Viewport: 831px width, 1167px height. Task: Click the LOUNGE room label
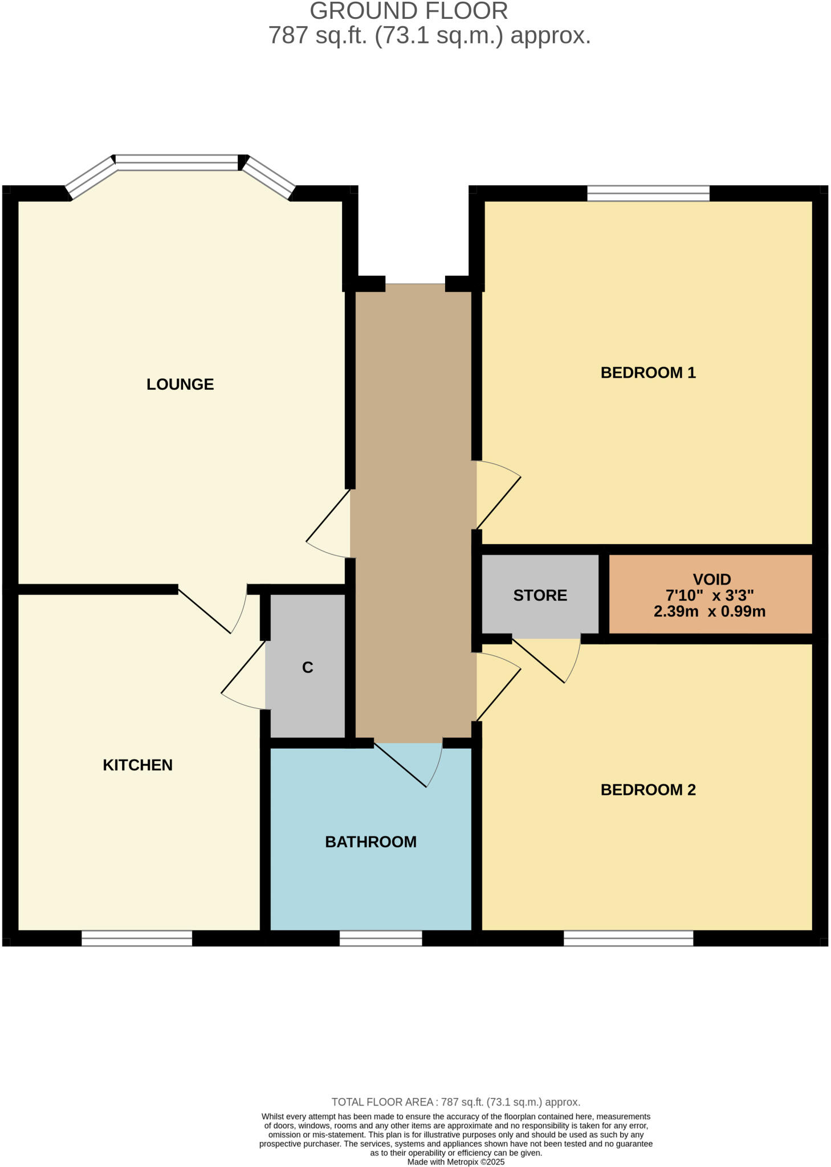pos(180,384)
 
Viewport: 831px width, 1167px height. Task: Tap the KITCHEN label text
pos(137,765)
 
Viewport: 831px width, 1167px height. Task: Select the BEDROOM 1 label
pos(648,373)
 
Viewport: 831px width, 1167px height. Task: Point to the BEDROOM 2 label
pos(648,790)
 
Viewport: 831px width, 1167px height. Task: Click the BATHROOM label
pos(370,842)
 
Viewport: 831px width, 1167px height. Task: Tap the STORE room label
pos(540,595)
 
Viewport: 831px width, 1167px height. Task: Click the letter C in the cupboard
pos(307,667)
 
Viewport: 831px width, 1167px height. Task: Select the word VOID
pos(712,580)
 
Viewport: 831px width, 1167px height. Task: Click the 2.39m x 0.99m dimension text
pos(710,612)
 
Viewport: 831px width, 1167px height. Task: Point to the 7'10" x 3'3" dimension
pos(710,595)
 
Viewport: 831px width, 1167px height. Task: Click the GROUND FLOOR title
pos(409,11)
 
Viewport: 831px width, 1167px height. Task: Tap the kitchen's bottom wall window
pos(137,939)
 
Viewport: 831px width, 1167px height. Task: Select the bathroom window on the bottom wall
pos(381,939)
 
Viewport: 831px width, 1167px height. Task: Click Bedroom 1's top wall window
pos(648,193)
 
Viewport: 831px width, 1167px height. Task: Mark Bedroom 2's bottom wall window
pos(628,939)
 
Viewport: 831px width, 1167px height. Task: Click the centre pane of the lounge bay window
pos(177,162)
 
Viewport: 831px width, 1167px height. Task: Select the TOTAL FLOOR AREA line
pos(455,1102)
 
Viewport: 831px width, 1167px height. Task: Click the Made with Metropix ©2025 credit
pos(455,1162)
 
